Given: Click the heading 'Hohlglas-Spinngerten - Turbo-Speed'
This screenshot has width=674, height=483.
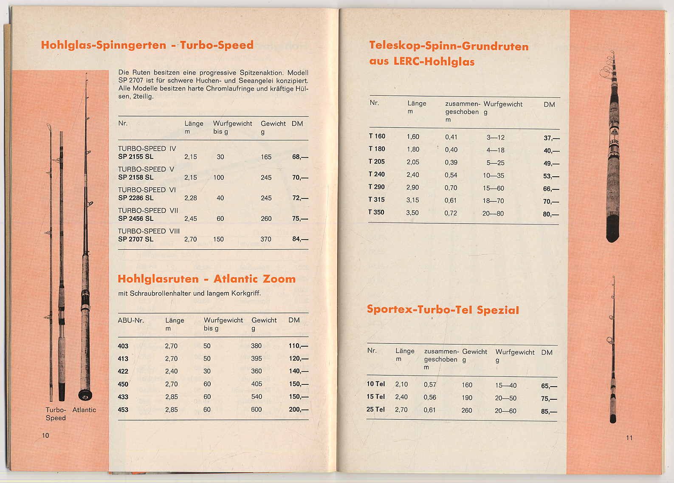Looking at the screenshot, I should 147,45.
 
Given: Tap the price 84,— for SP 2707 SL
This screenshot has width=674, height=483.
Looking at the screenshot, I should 300,239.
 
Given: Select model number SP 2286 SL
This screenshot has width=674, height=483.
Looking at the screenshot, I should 135,198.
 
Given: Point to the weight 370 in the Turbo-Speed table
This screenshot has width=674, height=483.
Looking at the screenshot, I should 266,239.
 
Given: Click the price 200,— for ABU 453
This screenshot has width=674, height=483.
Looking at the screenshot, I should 298,410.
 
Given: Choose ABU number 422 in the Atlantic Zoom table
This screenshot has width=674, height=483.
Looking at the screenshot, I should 123,371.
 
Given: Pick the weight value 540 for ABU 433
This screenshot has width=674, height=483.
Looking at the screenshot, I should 257,397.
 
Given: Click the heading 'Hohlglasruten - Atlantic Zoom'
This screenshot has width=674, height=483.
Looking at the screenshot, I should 206,279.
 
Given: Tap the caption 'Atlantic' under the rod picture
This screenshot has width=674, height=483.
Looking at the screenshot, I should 84,410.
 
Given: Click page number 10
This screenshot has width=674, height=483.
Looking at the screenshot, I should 45,435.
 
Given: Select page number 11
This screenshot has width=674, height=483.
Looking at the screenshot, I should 629,438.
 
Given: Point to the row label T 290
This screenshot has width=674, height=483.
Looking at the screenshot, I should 376,187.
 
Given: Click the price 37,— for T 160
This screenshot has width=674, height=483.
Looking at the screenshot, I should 551,138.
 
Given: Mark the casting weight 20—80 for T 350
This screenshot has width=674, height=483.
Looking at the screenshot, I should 493,214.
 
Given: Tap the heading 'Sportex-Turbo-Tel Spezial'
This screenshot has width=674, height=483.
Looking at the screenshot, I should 443,310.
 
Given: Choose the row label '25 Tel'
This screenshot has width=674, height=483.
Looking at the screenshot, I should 375,410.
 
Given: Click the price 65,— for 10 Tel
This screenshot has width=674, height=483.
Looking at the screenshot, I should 549,386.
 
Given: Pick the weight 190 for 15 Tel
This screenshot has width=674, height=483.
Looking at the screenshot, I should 467,398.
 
